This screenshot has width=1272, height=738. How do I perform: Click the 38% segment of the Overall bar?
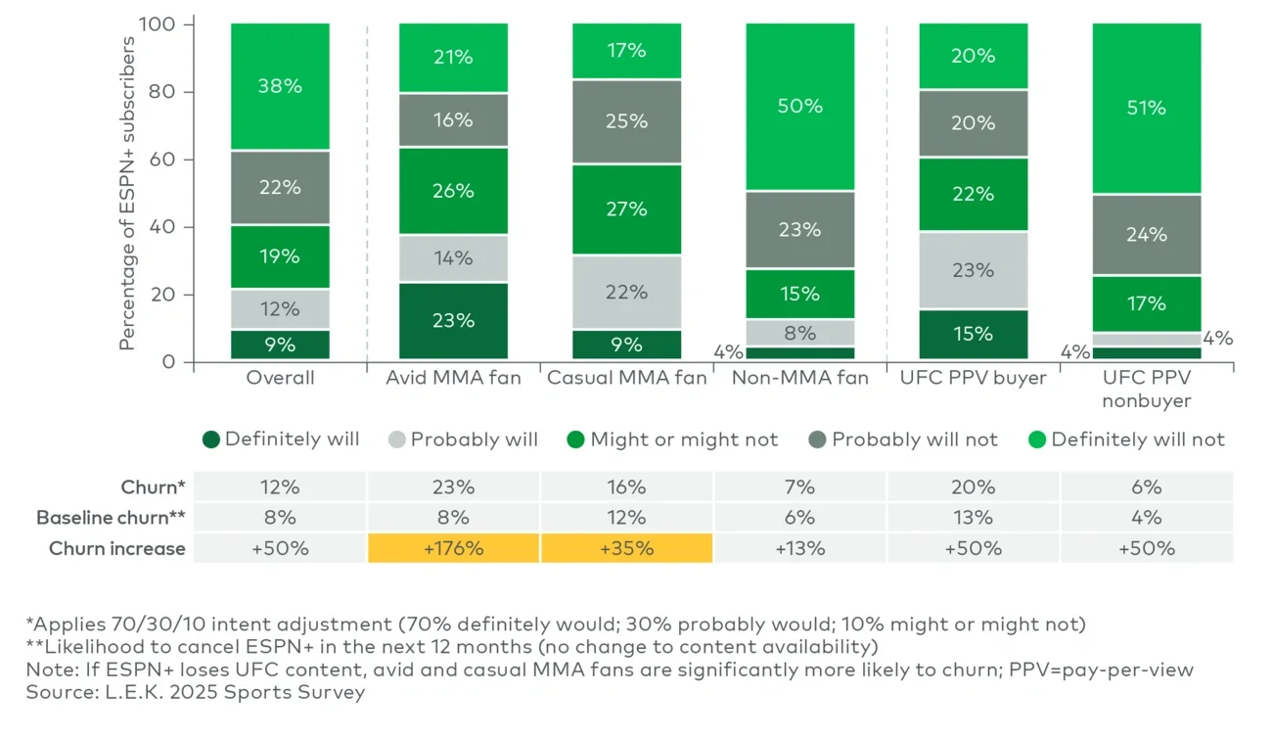[280, 86]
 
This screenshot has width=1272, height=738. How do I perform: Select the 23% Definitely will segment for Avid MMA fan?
[453, 320]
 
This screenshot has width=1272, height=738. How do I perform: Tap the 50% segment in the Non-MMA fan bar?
[799, 106]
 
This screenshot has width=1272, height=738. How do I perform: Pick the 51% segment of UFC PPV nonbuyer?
[1146, 108]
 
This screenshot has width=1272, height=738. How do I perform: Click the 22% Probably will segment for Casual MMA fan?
[626, 292]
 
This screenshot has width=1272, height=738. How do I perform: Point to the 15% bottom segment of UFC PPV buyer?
[973, 334]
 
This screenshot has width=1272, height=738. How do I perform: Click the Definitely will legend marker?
[210, 439]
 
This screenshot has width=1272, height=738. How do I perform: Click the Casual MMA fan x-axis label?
[626, 378]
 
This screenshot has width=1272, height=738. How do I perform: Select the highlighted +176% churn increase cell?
[453, 548]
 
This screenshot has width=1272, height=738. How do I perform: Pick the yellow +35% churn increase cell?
[626, 548]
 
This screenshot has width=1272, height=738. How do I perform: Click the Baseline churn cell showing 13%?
[973, 517]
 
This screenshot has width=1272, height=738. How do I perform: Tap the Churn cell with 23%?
[453, 486]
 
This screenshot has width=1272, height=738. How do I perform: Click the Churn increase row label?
[117, 548]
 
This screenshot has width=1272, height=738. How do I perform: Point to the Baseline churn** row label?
[111, 517]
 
